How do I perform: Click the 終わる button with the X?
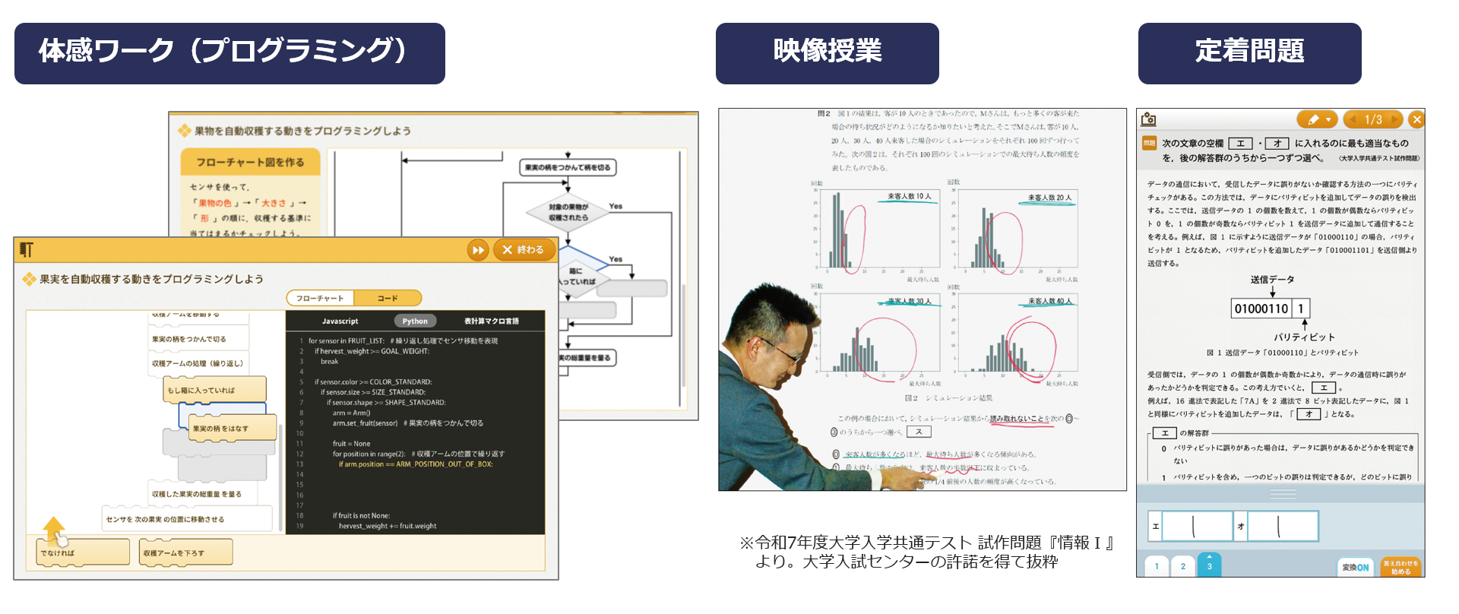point(524,249)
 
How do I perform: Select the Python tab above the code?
point(415,321)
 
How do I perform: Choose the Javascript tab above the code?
point(340,321)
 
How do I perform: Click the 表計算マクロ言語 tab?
point(491,321)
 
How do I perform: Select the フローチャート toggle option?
point(320,298)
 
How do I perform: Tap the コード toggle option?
point(388,298)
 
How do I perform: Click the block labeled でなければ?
point(82,552)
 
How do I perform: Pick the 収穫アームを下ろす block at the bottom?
point(185,552)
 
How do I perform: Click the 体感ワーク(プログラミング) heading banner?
point(229,53)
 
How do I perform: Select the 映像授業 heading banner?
point(827,53)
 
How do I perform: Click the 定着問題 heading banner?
point(1249,53)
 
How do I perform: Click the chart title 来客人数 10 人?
point(909,197)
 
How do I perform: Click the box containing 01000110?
point(1261,309)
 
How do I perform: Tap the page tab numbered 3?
point(1209,566)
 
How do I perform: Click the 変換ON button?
point(1355,567)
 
